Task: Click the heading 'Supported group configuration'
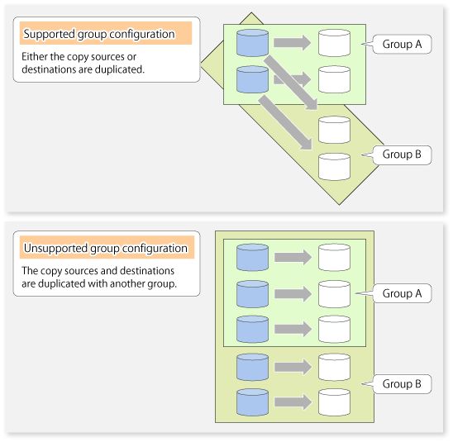point(99,34)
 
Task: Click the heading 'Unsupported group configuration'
point(106,248)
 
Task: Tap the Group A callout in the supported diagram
point(402,44)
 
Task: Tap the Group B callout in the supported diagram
point(402,154)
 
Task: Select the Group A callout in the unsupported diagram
point(402,293)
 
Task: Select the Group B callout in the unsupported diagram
point(402,384)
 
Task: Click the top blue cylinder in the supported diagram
point(252,43)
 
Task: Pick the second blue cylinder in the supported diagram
point(252,79)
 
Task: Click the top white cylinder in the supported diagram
point(334,43)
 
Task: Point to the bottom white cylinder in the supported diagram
point(334,167)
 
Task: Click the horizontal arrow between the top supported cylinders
point(292,43)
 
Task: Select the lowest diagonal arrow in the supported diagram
point(285,123)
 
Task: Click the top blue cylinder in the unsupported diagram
point(252,257)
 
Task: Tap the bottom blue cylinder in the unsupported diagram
point(252,402)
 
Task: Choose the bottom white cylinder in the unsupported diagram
point(334,402)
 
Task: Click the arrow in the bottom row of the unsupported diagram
point(293,402)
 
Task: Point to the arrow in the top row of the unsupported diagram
point(293,257)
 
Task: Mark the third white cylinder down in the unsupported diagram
point(334,329)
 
